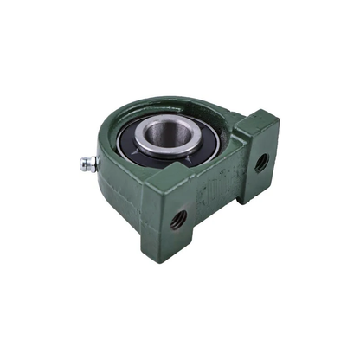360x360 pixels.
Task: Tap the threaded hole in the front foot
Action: tap(179, 218)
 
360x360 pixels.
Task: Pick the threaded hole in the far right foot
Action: tap(260, 161)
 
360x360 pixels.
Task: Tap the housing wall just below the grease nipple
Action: tap(108, 186)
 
